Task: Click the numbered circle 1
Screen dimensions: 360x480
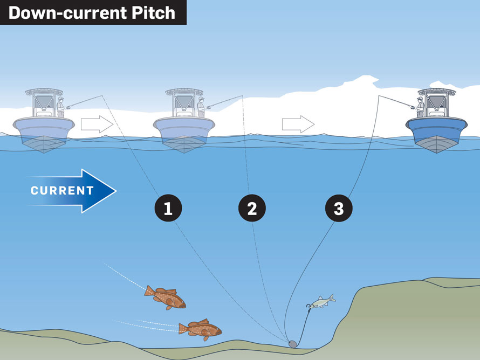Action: pos(168,208)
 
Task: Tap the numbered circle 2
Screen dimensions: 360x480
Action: pos(252,208)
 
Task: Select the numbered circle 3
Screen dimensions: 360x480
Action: pos(339,208)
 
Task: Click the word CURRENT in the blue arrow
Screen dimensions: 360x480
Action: pos(62,191)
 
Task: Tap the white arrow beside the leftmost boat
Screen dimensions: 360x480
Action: pos(97,124)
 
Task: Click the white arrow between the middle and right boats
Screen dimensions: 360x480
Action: pos(298,124)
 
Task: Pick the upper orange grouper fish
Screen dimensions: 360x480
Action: pos(165,297)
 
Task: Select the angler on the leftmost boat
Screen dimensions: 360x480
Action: pos(61,108)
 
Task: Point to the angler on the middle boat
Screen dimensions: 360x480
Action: pos(202,108)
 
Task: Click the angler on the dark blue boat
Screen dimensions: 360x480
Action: pos(419,108)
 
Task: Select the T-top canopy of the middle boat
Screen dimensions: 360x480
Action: pos(183,92)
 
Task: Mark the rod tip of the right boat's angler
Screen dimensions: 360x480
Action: pos(378,96)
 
